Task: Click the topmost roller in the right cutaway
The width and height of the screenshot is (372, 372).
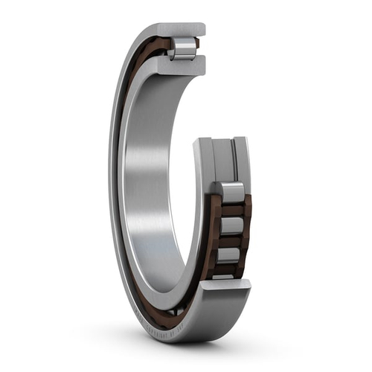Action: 230,192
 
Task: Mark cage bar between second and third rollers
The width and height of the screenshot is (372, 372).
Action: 231,240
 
